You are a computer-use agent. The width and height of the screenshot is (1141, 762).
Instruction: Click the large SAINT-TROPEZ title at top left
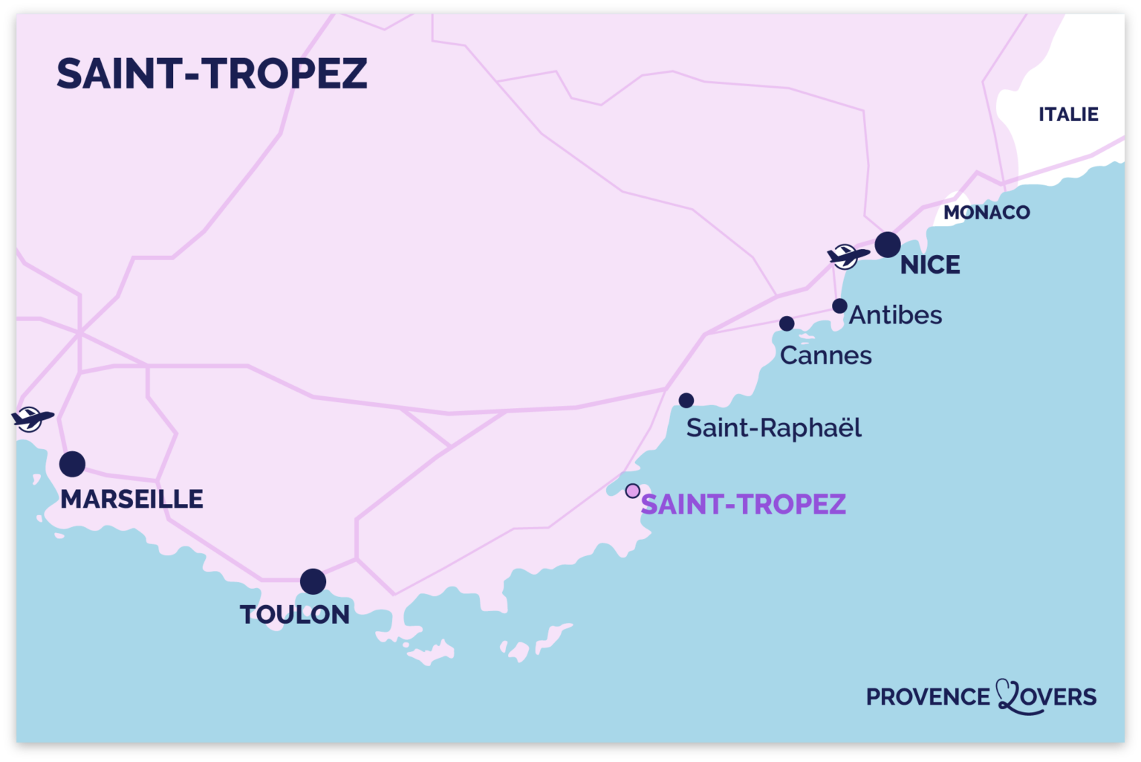coord(212,74)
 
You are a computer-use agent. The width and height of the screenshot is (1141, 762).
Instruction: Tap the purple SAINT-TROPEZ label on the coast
coord(743,505)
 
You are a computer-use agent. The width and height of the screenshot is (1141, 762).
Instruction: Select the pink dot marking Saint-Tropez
coord(632,491)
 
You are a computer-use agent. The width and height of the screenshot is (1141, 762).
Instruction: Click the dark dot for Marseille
coord(72,464)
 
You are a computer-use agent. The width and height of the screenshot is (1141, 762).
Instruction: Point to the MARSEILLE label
coord(131,499)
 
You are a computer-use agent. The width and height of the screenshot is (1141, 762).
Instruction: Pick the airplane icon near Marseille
coord(31,419)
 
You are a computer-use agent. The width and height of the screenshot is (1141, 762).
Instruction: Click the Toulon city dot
coord(313,581)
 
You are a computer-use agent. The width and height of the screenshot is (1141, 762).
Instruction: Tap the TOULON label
coord(294,615)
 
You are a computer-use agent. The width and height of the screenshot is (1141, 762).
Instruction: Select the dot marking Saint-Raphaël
coord(686,401)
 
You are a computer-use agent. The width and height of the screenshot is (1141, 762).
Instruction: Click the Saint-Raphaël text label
coord(773,428)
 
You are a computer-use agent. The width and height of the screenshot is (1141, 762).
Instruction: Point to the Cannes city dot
coord(787,323)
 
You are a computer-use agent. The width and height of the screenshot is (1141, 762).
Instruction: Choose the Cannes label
coord(825,355)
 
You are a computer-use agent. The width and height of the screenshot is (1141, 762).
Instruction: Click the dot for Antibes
coord(839,306)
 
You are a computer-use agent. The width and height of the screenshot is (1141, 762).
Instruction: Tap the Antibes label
coord(895,315)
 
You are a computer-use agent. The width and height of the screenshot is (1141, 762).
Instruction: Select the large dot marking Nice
coord(888,245)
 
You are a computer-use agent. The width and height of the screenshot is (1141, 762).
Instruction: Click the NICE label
coord(930,265)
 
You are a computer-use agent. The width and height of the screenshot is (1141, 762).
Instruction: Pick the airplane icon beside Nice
coord(847,256)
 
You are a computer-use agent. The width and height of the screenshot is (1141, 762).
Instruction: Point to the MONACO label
coord(986,213)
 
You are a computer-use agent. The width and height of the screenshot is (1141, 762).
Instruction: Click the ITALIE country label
coord(1068,114)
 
